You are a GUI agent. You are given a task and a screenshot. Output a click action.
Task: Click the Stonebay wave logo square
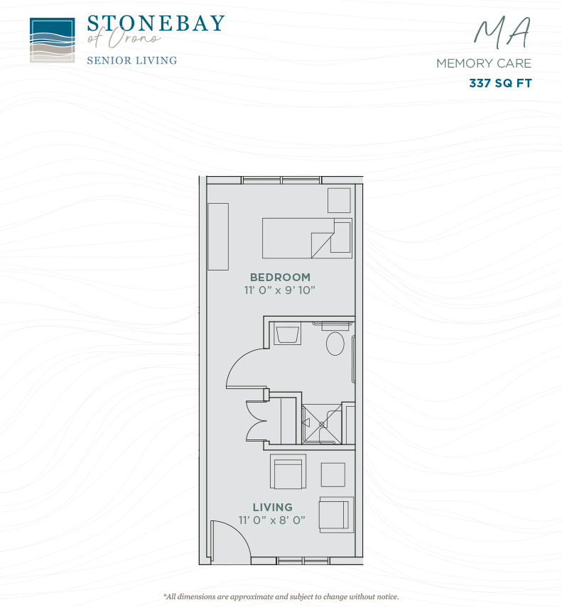point(53,40)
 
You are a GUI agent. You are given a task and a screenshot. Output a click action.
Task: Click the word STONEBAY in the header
point(156,23)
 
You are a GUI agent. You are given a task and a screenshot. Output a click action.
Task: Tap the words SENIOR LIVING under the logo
point(132,60)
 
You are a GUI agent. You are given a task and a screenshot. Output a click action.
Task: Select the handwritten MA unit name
point(502,33)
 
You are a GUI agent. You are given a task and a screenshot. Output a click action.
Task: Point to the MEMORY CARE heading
point(484,63)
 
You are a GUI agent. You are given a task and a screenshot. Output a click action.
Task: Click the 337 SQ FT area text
point(500,83)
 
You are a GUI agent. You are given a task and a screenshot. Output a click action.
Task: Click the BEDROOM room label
point(280,277)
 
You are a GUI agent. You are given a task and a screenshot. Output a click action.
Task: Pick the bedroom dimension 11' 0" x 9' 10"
point(280,290)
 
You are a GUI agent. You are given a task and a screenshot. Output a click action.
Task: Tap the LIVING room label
point(273,507)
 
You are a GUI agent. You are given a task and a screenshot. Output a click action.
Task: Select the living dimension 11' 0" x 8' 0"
point(272,520)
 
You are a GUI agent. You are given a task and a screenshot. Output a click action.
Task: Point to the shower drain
point(321,425)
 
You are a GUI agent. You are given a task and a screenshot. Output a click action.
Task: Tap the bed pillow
point(342,237)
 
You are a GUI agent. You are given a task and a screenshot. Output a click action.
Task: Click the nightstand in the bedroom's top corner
point(339,200)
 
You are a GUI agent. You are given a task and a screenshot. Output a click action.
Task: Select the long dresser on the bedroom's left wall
point(218,236)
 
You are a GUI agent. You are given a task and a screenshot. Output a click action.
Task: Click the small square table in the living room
point(333,475)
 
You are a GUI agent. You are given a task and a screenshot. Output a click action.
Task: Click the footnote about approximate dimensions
point(281,596)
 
